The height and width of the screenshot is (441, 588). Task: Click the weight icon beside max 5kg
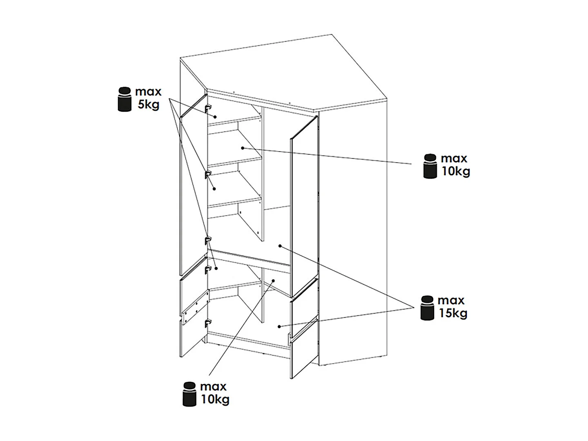pyautogui.click(x=125, y=99)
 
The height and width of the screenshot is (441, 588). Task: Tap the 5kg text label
pyautogui.click(x=149, y=105)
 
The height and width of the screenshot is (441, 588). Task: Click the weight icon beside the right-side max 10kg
pyautogui.click(x=430, y=166)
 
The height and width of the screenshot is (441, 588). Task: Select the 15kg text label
pyautogui.click(x=453, y=313)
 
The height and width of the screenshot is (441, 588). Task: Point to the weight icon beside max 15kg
pyautogui.click(x=428, y=308)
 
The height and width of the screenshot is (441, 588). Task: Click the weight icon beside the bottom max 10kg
pyautogui.click(x=189, y=394)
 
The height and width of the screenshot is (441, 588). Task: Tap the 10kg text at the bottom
pyautogui.click(x=215, y=399)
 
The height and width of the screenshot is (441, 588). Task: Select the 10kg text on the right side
pyautogui.click(x=456, y=171)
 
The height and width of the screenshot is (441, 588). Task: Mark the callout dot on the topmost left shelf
pyautogui.click(x=215, y=117)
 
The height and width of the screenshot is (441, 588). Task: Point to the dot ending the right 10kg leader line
pyautogui.click(x=243, y=148)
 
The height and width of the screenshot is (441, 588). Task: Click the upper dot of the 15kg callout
pyautogui.click(x=280, y=245)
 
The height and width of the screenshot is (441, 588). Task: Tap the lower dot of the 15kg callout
pyautogui.click(x=279, y=326)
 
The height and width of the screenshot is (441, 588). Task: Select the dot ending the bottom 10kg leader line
pyautogui.click(x=273, y=281)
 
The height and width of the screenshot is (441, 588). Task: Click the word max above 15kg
pyautogui.click(x=451, y=301)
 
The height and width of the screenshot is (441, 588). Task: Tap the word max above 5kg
pyautogui.click(x=148, y=91)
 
